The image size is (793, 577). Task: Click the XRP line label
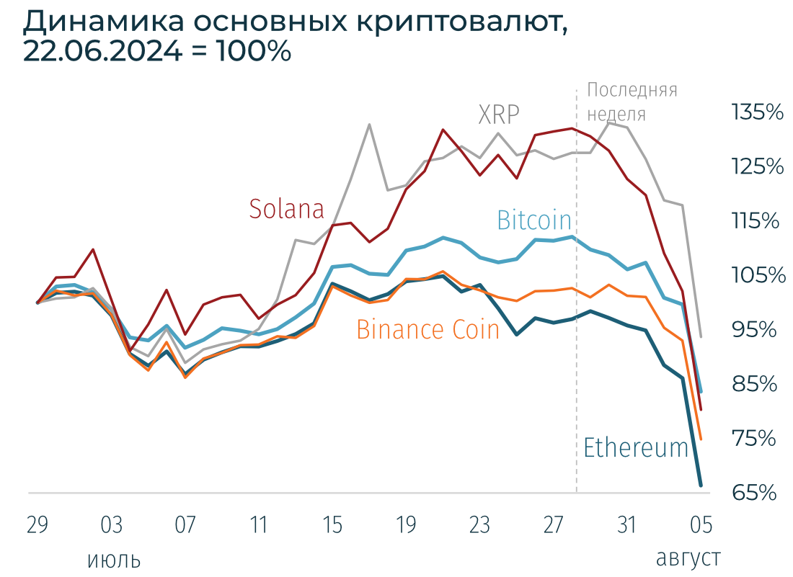499,115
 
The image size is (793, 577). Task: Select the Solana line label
286,209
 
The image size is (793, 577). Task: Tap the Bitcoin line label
533,220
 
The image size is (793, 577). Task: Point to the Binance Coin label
427,329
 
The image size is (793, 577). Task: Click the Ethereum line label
635,447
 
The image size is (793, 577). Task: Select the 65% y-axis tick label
755,493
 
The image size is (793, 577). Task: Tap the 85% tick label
755,384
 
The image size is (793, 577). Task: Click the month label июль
113,560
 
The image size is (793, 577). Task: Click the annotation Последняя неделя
632,102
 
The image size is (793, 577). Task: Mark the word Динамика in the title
102,23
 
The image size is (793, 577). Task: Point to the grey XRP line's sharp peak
369,125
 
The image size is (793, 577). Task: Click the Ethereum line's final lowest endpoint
700,485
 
